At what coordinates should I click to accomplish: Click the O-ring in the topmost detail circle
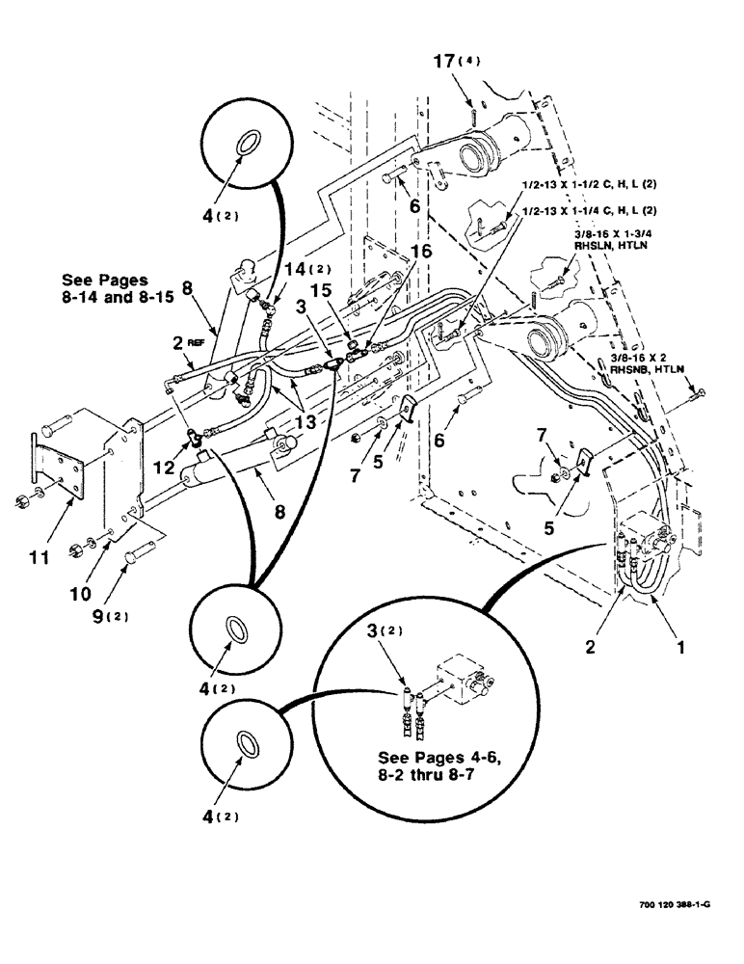point(248,144)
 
